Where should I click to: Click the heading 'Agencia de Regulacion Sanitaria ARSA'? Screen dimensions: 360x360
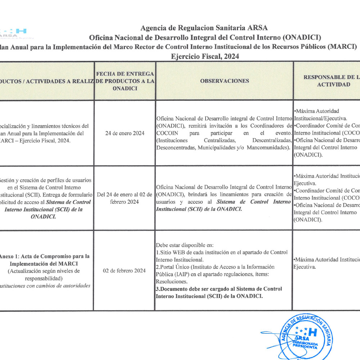coord(204,28)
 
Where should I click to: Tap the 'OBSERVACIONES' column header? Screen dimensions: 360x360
coord(224,81)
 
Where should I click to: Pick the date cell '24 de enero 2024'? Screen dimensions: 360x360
coord(125,133)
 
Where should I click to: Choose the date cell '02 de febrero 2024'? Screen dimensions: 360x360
coord(124,270)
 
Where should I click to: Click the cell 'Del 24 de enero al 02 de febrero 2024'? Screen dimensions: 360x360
coord(125,198)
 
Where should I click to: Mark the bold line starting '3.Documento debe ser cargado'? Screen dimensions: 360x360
coord(219,289)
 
